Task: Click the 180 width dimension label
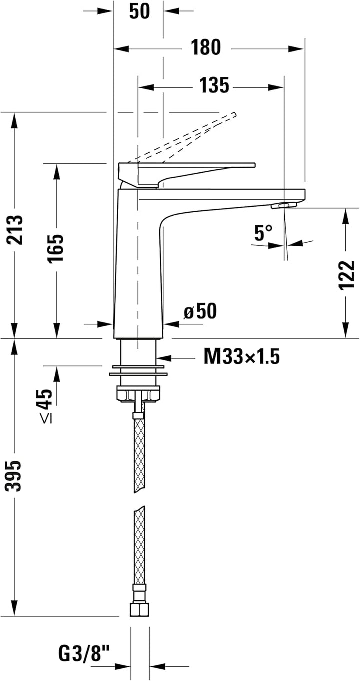coord(205,48)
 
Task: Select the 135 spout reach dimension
coord(214,86)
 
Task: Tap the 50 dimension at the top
coord(139,11)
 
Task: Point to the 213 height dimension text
coord(15,230)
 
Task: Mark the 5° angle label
coord(263,232)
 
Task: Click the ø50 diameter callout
coord(201,312)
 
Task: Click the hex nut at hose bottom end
coord(139,610)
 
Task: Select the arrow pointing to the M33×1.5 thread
coord(170,358)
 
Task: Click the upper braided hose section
coord(139,455)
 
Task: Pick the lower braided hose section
coord(139,545)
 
